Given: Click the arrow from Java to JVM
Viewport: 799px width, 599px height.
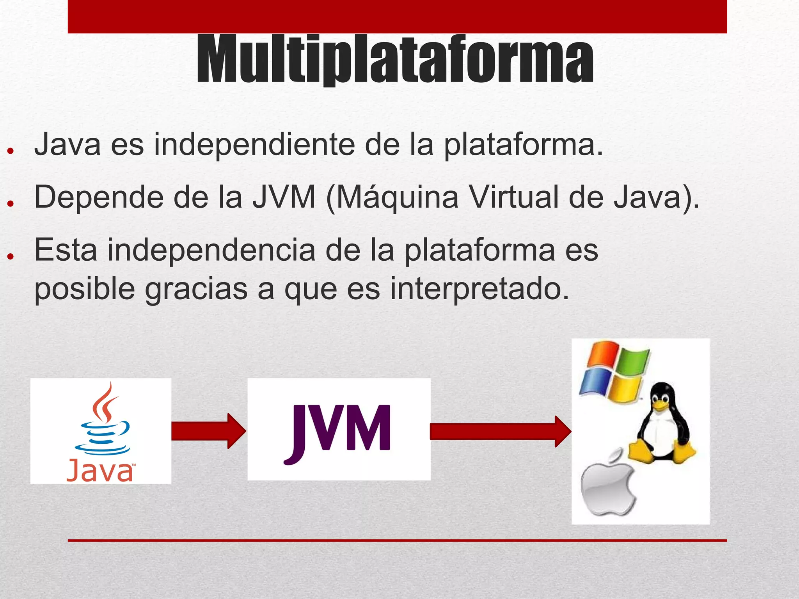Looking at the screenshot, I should point(209,431).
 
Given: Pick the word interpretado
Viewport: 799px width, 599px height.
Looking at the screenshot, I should point(480,290).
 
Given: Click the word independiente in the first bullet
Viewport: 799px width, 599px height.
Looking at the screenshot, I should point(254,145).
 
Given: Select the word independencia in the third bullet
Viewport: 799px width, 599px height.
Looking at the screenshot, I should point(211,251).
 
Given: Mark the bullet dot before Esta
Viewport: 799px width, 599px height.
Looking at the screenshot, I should point(11,256).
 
